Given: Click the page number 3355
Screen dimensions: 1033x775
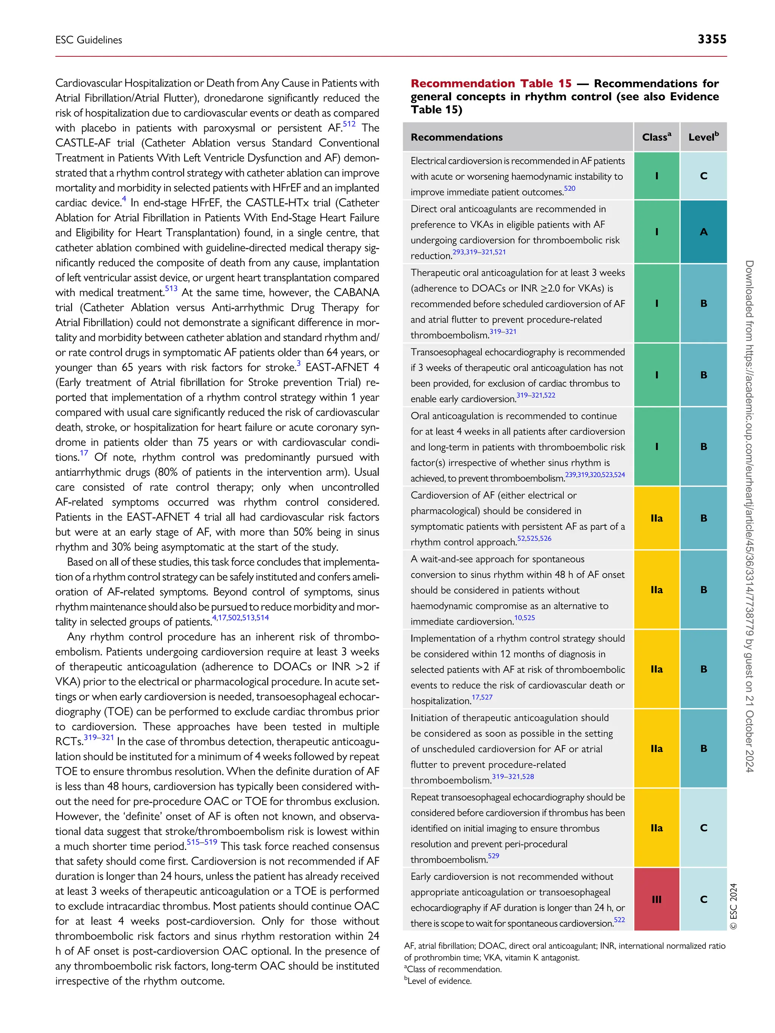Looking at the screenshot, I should tap(711, 39).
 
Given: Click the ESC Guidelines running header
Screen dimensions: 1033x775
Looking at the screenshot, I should tap(89, 40).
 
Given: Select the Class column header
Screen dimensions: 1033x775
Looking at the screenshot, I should tap(656, 137).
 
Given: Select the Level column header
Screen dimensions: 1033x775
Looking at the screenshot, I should tap(703, 137).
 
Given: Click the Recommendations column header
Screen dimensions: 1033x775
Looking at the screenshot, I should tap(456, 137).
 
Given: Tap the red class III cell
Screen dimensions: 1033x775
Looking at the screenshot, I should tap(656, 899).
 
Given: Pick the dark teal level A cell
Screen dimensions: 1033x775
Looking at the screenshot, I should tap(703, 231).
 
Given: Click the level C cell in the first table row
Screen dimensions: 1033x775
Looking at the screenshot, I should tap(703, 176).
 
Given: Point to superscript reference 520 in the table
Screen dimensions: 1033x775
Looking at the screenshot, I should tap(570, 189).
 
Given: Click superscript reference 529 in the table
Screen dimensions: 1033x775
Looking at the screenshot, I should tap(493, 856).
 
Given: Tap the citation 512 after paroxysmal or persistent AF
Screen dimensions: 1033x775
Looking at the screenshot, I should tap(349, 124).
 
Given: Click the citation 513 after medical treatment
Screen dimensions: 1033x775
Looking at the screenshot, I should tap(171, 289).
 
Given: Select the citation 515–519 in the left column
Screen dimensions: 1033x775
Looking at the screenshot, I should tap(202, 842).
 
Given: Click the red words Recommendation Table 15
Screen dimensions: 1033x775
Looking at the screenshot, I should tap(490, 84).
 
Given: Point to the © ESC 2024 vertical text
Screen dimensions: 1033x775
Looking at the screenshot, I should tap(733, 906).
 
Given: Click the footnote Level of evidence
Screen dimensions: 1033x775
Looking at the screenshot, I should tap(439, 981).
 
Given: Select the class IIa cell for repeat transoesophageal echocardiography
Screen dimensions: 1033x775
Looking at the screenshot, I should tap(656, 828).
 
